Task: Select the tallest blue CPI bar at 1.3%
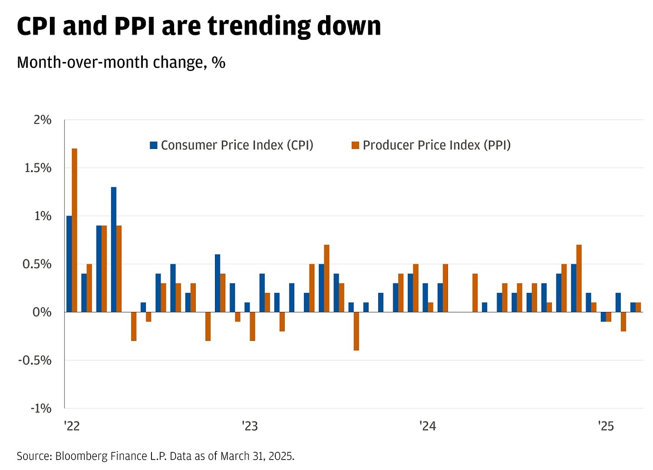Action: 113,249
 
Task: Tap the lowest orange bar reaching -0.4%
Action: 356,331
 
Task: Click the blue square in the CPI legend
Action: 154,145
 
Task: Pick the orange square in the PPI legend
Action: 356,145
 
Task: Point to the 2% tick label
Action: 43,120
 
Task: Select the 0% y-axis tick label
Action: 42,312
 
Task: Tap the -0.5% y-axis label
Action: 35,360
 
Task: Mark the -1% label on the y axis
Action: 41,408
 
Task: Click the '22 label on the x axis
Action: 72,426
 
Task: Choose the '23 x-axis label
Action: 249,426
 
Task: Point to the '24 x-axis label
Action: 428,426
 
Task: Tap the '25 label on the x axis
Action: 606,426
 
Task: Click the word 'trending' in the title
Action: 259,26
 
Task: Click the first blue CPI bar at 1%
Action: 69,264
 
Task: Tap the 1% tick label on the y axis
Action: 43,216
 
